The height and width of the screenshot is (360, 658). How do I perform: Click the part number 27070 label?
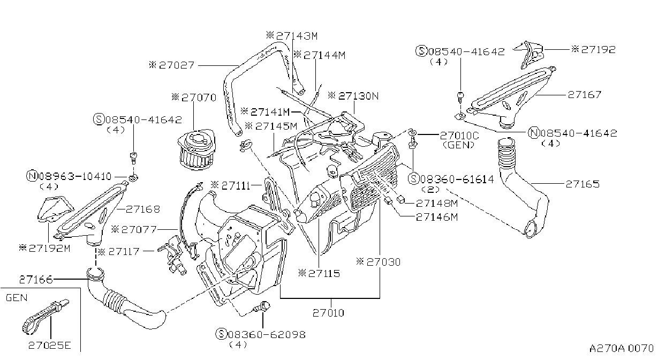pos(199,97)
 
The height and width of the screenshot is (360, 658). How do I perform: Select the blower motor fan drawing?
pos(196,149)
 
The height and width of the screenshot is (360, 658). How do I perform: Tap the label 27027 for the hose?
pos(177,65)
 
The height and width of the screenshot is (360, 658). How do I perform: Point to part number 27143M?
pos(297,36)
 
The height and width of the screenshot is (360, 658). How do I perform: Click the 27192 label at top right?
pos(598,49)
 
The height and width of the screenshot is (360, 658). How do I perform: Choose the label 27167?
pos(584,95)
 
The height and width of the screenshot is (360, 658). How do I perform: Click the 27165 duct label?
pos(583,184)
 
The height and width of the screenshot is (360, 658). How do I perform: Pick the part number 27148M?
pos(437,203)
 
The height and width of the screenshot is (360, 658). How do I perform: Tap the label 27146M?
pos(437,217)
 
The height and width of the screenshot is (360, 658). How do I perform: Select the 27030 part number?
pos(383,262)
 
